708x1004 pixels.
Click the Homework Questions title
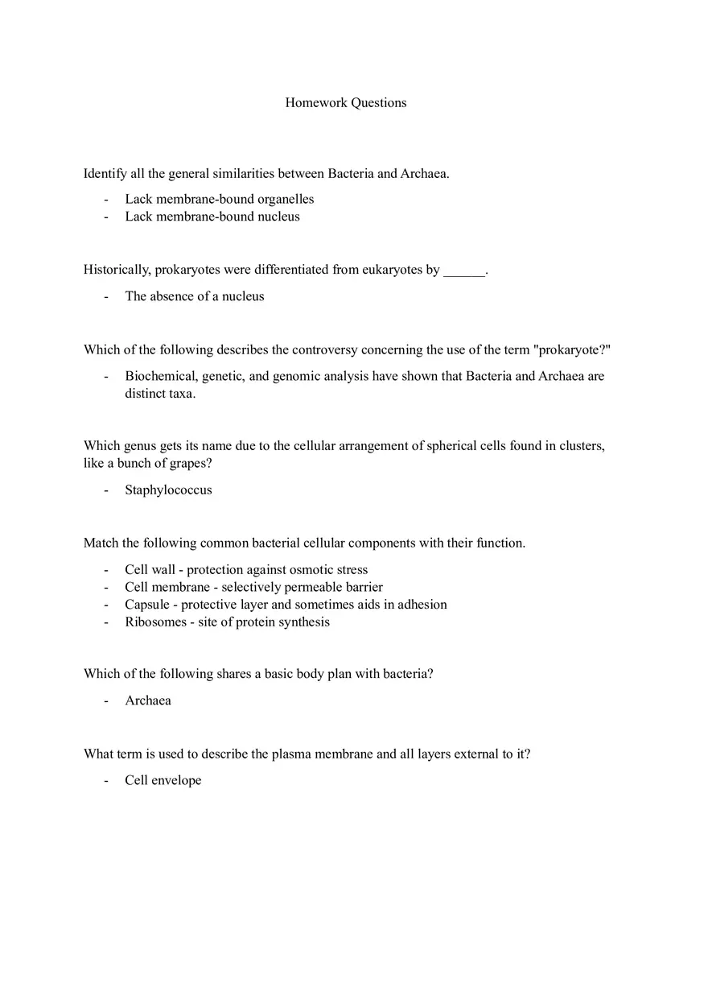coord(345,103)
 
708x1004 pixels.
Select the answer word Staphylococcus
coord(168,490)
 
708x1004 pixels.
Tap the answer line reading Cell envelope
coord(163,780)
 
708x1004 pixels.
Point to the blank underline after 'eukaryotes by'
coord(464,271)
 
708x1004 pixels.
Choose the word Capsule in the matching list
coord(147,605)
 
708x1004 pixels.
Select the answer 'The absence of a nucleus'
coord(194,296)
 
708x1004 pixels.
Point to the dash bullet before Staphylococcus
coord(105,490)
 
